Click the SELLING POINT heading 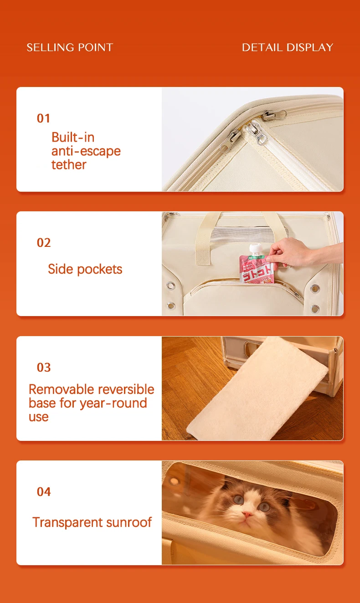(70, 47)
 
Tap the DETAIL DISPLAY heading (288, 47)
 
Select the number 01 (43, 118)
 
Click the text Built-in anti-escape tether (86, 151)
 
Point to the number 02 (44, 243)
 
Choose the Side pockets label (85, 269)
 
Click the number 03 (44, 368)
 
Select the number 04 (44, 492)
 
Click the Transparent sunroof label (92, 522)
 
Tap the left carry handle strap (204, 240)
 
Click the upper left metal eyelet (170, 286)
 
